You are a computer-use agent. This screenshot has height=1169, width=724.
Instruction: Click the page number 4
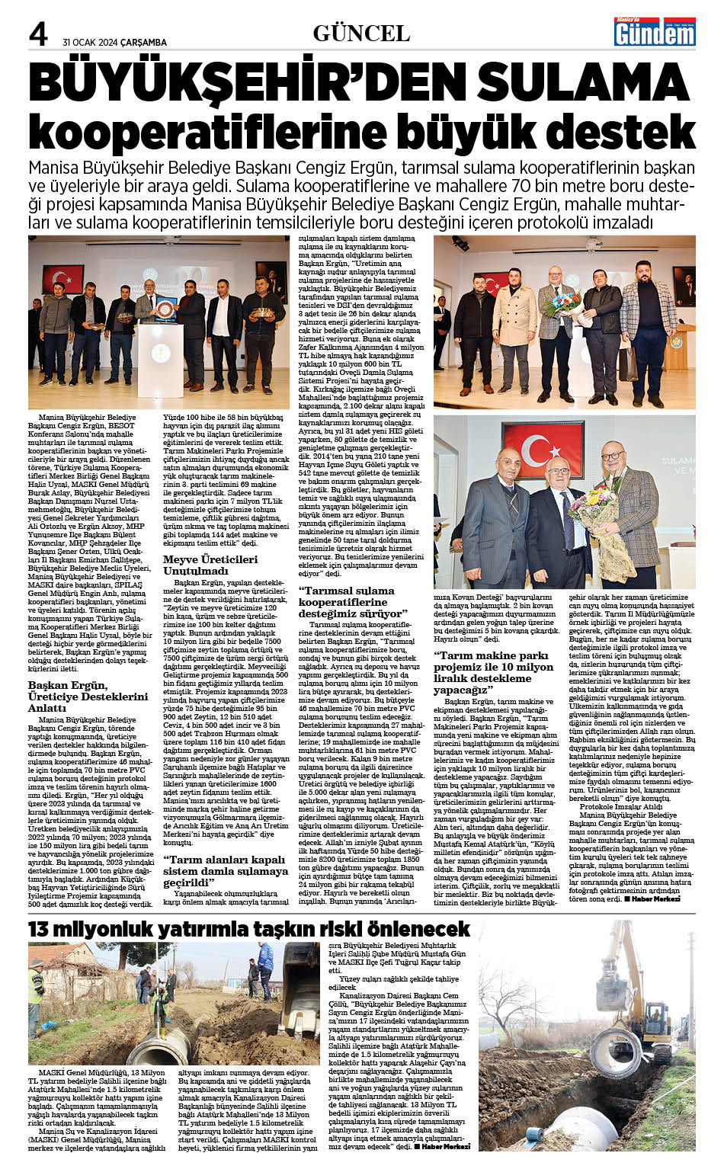coord(37,34)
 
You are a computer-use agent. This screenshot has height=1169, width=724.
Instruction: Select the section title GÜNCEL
coord(361,34)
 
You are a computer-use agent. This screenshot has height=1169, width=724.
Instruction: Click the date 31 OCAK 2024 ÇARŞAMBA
coord(114,43)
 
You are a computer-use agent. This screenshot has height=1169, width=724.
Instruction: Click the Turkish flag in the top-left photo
coord(62,277)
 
